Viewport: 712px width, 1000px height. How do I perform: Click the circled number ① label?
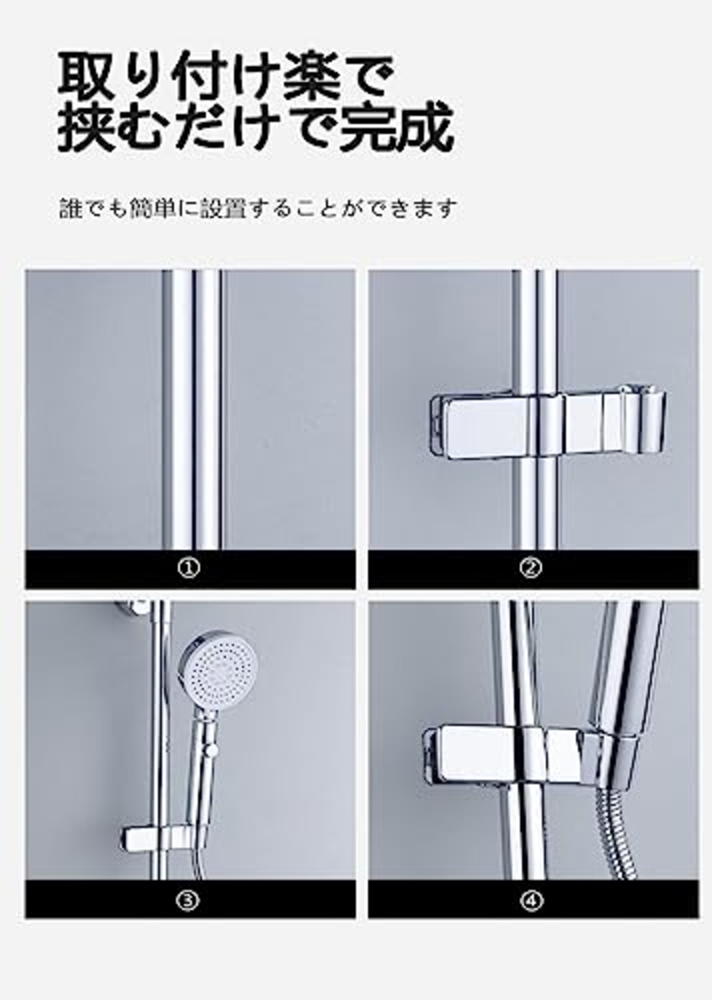[189, 568]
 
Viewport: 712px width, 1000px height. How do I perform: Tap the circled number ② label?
[530, 568]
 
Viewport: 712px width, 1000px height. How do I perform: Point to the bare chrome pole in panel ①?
[193, 412]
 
